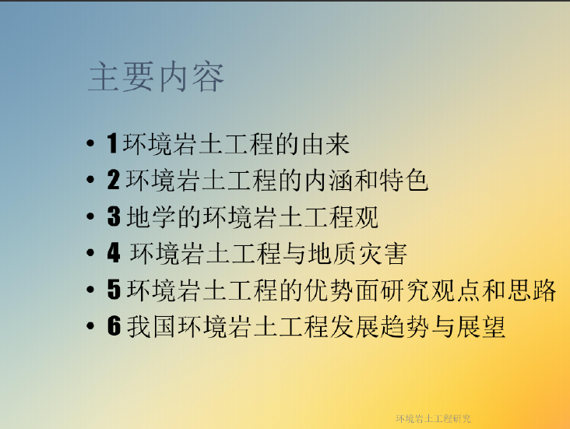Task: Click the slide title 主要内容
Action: (x=156, y=77)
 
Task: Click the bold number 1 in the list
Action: (x=112, y=143)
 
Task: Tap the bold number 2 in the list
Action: (x=114, y=180)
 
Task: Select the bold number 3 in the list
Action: (x=114, y=216)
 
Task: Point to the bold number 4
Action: (x=114, y=253)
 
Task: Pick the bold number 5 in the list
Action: (x=114, y=290)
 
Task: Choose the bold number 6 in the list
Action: (x=114, y=325)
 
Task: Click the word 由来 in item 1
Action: (x=325, y=144)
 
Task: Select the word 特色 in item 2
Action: (x=404, y=181)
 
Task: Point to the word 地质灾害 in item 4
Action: (x=357, y=253)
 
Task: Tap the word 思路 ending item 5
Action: (x=532, y=290)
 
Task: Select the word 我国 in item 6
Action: (x=152, y=326)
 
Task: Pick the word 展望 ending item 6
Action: (x=481, y=326)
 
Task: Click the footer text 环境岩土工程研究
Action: (x=433, y=419)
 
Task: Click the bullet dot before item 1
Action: (x=90, y=143)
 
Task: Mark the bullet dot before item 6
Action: (x=90, y=325)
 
